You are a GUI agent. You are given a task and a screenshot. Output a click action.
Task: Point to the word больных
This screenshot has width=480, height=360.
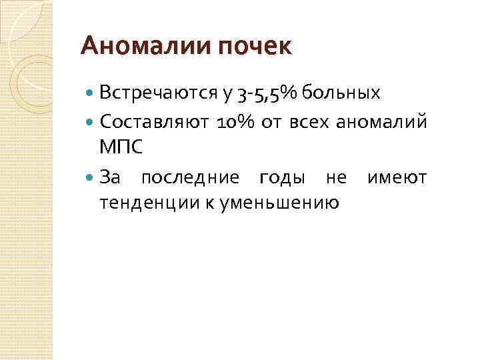click(x=341, y=93)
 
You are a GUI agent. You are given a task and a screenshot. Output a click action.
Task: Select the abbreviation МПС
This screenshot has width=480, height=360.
click(x=121, y=147)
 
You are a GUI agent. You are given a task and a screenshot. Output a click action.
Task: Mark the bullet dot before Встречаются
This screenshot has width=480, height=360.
click(x=91, y=93)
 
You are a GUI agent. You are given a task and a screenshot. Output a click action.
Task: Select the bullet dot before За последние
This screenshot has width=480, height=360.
click(x=91, y=177)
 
